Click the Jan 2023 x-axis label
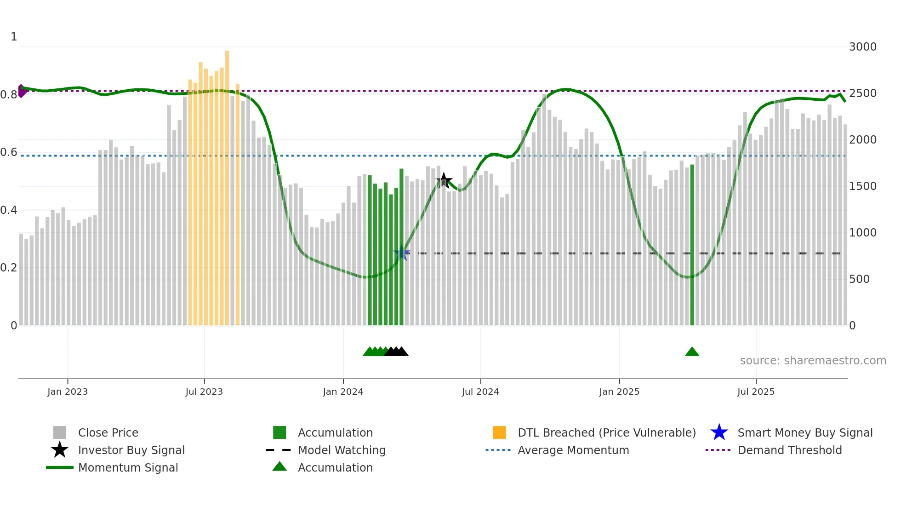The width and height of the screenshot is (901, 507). (x=68, y=392)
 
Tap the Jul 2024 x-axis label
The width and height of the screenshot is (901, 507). (x=480, y=392)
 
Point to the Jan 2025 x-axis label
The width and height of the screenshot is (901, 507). (x=619, y=392)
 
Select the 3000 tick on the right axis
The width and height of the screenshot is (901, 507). (x=862, y=47)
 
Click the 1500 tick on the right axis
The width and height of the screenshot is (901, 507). (x=862, y=186)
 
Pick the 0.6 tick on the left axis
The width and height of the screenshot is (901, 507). (x=9, y=152)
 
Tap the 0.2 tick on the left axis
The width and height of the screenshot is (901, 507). (x=9, y=268)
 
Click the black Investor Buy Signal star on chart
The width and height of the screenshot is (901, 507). (x=444, y=181)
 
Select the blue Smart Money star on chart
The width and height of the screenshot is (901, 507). (x=402, y=253)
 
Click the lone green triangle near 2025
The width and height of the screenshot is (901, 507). (x=692, y=352)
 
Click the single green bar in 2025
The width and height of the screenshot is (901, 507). (x=692, y=244)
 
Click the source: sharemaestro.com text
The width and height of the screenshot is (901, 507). (x=813, y=361)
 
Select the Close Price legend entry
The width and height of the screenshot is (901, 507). (x=108, y=433)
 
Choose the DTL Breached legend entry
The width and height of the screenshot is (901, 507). (x=606, y=433)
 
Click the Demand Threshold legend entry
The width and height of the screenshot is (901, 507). (x=789, y=450)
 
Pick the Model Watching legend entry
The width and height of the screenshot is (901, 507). (x=342, y=450)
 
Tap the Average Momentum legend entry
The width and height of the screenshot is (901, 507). (x=573, y=450)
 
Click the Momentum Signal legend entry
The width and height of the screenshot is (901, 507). (x=128, y=468)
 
